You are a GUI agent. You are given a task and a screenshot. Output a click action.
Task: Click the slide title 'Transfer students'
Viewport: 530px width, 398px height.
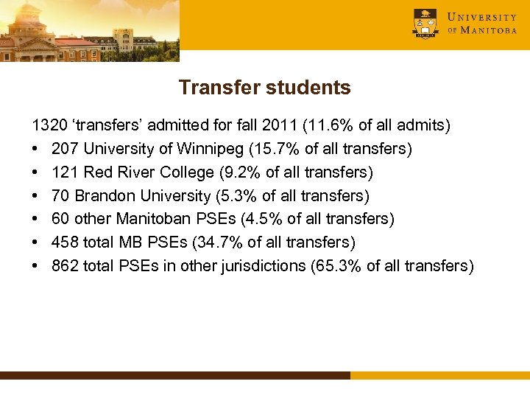point(264,88)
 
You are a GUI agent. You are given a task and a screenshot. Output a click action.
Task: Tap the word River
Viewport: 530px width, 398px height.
point(134,172)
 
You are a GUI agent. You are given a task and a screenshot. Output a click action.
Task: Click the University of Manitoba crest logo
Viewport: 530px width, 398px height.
point(425,24)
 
